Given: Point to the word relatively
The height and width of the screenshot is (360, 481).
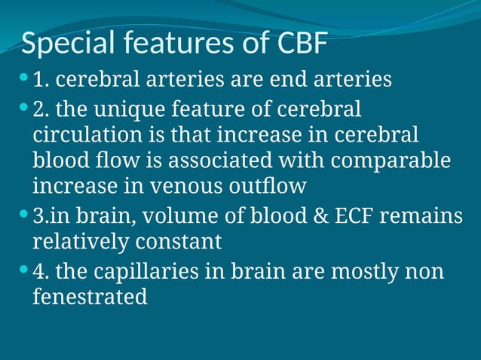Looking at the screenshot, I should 81,242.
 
